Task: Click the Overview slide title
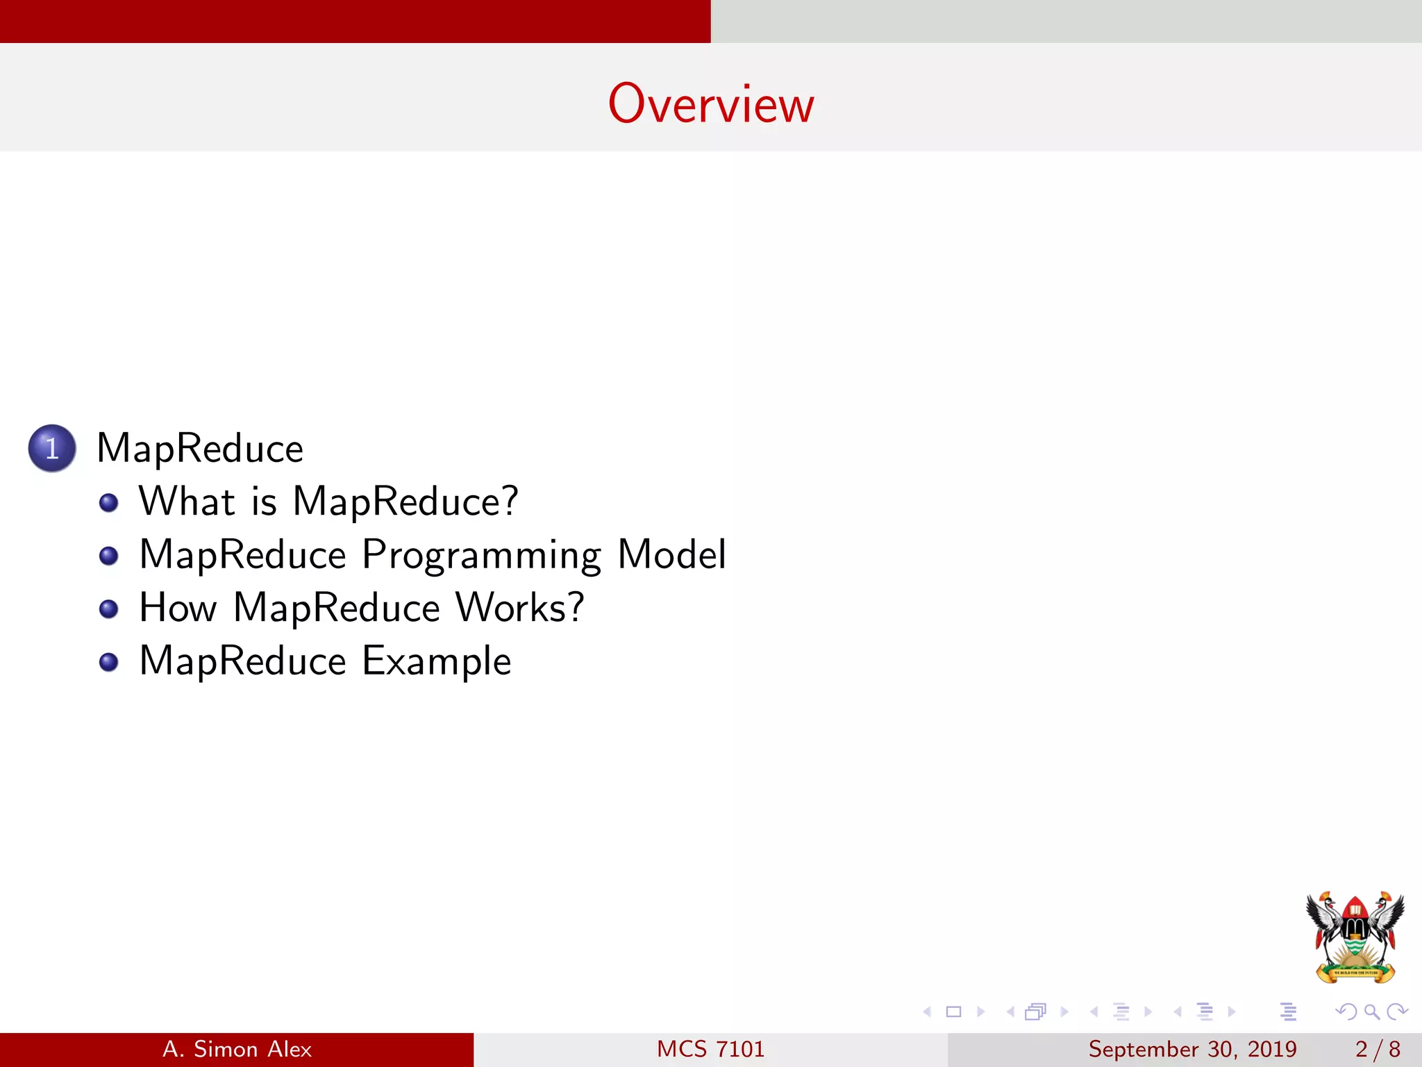711,104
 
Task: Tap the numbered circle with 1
52,448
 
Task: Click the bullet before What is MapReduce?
108,502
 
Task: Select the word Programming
481,556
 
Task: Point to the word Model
671,555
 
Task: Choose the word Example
437,661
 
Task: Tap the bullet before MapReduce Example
108,661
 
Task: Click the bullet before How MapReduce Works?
108,609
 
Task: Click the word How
178,608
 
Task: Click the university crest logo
1355,937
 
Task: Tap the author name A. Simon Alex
237,1049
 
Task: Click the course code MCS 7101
710,1049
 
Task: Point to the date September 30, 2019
1192,1049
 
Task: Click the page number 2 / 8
1378,1049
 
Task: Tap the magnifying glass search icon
1371,1011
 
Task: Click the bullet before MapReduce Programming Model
108,556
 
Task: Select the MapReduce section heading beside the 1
200,449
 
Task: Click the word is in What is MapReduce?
264,502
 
